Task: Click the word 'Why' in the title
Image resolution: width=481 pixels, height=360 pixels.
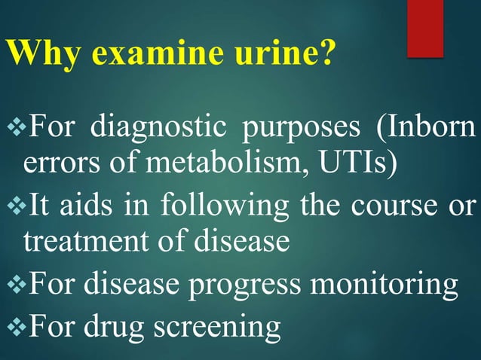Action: pyautogui.click(x=37, y=54)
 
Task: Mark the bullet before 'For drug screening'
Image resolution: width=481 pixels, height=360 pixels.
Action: pyautogui.click(x=14, y=326)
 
